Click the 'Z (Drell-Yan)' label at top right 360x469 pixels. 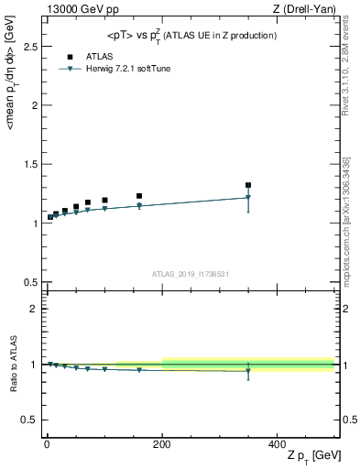pyautogui.click(x=306, y=9)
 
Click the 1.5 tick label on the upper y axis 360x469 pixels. pyautogui.click(x=29, y=164)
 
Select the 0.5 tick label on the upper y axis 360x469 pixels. pyautogui.click(x=29, y=282)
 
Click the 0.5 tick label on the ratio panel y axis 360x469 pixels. pyautogui.click(x=29, y=420)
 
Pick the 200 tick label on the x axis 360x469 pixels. pyautogui.click(x=161, y=443)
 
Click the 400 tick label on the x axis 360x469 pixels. pyautogui.click(x=277, y=443)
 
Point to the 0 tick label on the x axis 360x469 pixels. pyautogui.click(x=46, y=443)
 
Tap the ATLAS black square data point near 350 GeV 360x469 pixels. pyautogui.click(x=248, y=185)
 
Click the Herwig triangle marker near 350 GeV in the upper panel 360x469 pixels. pyautogui.click(x=248, y=197)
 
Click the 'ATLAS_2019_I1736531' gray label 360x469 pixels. pyautogui.click(x=191, y=274)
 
